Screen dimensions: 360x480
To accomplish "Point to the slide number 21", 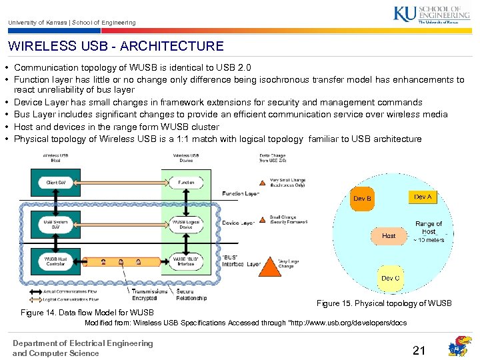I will pos(419,351).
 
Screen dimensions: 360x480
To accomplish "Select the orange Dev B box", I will pos(363,199).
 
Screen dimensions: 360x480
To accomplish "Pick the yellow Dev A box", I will pos(423,197).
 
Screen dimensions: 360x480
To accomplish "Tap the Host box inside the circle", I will pos(389,235).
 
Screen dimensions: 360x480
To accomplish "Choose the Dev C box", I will pos(391,278).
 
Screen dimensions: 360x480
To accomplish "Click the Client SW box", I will pos(56,182).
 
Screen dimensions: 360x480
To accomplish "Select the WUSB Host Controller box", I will pos(56,261).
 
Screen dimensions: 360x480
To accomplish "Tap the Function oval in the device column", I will pos(186,182).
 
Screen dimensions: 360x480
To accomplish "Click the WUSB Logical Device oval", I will pos(186,224).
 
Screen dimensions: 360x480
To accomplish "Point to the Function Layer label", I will pos(241,194).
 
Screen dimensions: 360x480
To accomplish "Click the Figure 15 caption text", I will pos(384,304).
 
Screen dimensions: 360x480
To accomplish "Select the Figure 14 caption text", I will pos(87,313).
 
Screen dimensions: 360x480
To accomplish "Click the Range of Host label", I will pos(429,227).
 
